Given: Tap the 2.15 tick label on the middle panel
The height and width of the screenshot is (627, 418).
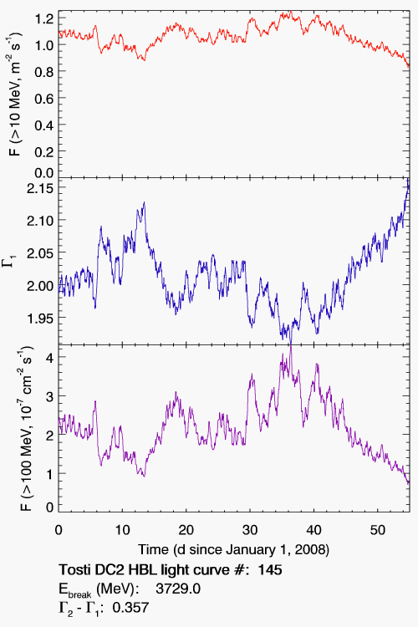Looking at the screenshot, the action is coord(40,188).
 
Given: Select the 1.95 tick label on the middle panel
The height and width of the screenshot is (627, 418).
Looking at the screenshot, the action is coord(40,319).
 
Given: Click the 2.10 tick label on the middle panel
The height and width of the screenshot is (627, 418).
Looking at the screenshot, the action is coord(40,221).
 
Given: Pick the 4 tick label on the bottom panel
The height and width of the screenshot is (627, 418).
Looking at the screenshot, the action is coord(49,358).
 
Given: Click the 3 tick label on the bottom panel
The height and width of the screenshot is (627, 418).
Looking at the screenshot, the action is coord(49,396).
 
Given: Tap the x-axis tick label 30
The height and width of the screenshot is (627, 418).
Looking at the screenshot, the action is coord(250,530).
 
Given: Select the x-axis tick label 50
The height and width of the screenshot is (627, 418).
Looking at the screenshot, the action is coord(378,530).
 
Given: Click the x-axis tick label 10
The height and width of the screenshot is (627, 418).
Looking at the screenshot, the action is coord(122,530).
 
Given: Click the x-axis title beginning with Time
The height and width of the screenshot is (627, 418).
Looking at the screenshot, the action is coord(233,550).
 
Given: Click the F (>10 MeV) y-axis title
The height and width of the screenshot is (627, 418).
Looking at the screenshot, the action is coord(15,94).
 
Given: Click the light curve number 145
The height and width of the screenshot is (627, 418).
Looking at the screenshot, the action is coord(270,570).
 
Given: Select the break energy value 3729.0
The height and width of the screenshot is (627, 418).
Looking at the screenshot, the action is coord(178,589).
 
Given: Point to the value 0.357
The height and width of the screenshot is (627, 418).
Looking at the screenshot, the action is coord(130,608).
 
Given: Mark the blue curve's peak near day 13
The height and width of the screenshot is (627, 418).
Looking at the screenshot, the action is coord(144,202).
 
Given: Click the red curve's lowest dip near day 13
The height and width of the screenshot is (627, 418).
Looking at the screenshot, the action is coord(144,60).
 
